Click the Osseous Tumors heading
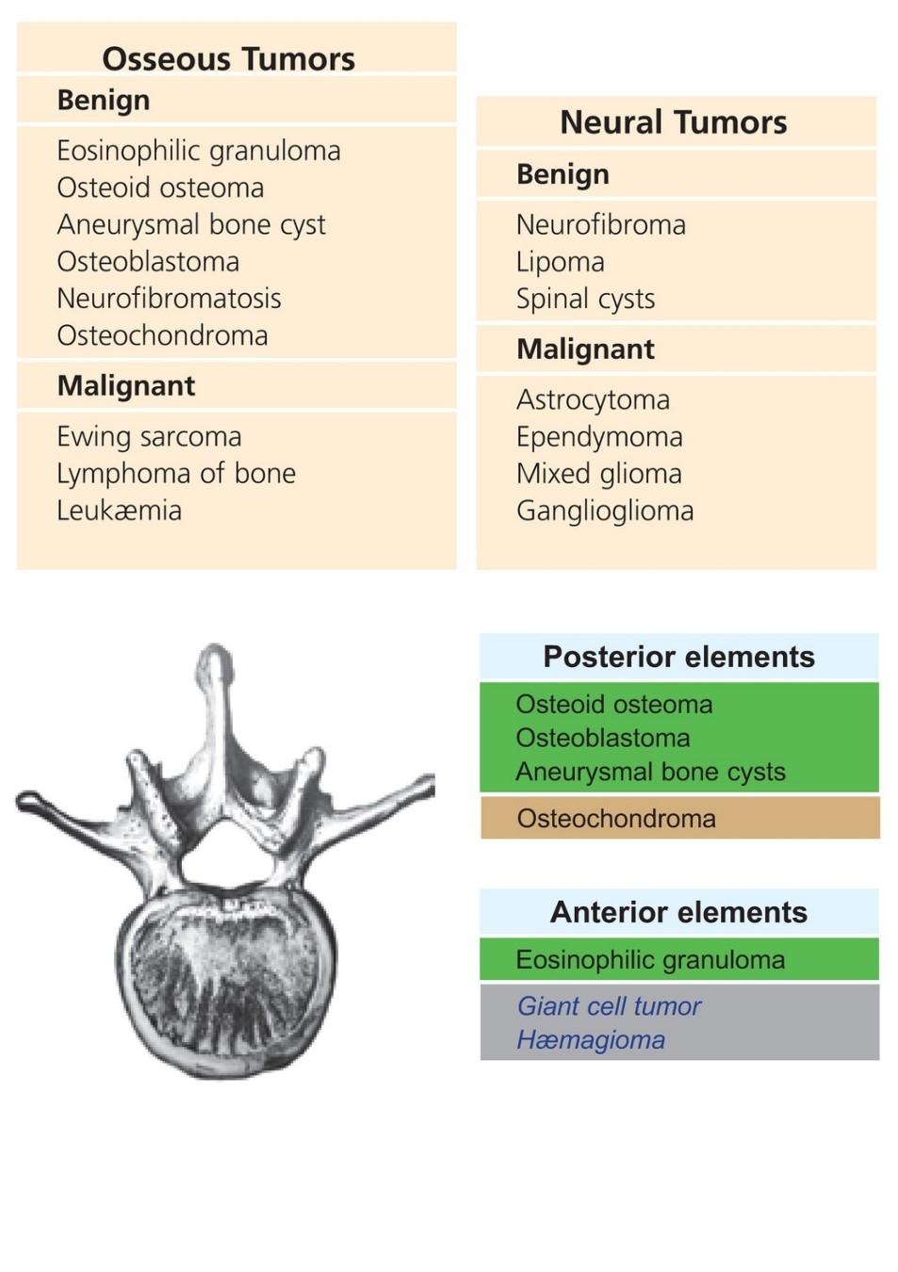pos(228,58)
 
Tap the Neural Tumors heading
pos(674,122)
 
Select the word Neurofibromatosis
pos(170,298)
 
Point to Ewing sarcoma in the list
pos(150,436)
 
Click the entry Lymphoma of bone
pos(176,474)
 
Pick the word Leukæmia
pos(120,510)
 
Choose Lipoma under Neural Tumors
pos(561,262)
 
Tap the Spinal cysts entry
pos(585,299)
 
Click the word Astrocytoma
pos(594,400)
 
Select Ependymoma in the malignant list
pos(600,436)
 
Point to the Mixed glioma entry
pos(599,474)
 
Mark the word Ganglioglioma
pos(606,511)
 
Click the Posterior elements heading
pos(679,657)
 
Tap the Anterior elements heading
pos(678,913)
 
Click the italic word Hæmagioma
pos(591,1040)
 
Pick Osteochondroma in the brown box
pos(616,819)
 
